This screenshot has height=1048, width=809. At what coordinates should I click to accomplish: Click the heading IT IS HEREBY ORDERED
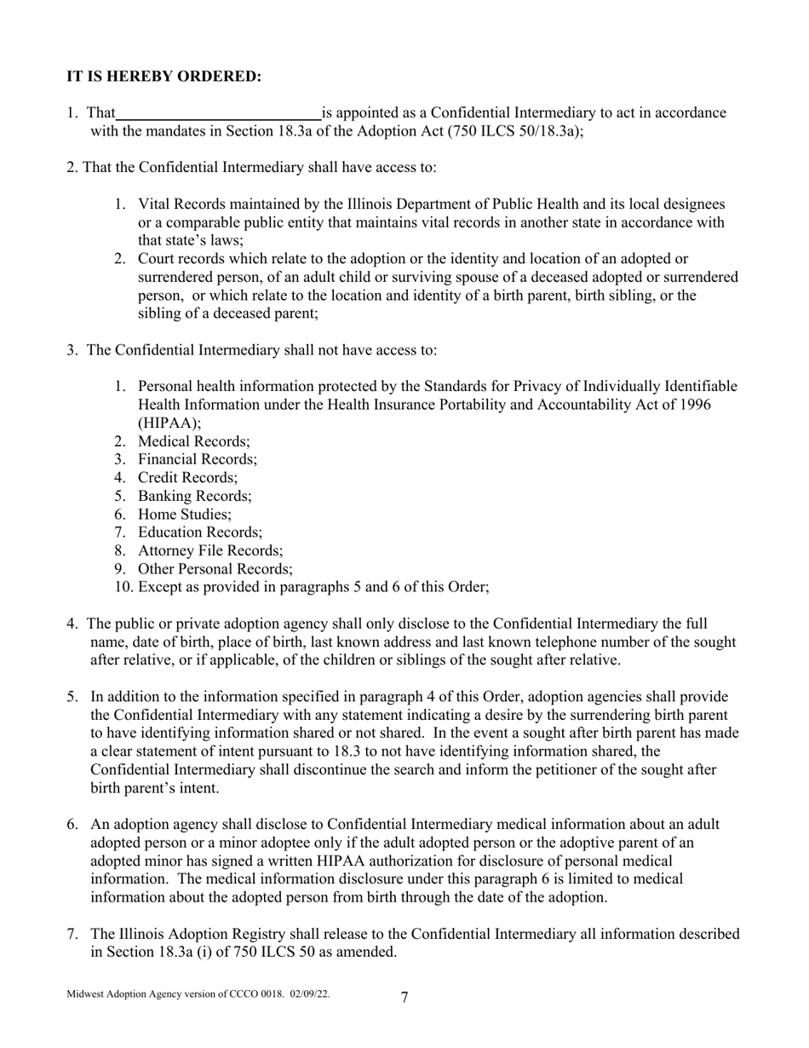(x=164, y=77)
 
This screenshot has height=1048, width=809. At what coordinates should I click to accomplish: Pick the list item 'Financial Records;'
(x=197, y=459)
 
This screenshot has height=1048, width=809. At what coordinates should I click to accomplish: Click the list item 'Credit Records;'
(x=187, y=478)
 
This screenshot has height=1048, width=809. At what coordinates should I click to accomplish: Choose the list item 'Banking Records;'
(x=194, y=496)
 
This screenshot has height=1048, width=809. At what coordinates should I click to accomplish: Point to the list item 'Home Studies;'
(x=184, y=515)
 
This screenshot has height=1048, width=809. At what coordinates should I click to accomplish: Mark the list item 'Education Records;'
(x=199, y=533)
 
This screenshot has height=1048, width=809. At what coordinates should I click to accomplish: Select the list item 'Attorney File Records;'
(x=209, y=551)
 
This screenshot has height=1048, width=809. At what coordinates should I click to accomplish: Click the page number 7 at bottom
(x=404, y=998)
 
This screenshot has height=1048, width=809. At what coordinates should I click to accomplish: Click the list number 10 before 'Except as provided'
(x=122, y=587)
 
